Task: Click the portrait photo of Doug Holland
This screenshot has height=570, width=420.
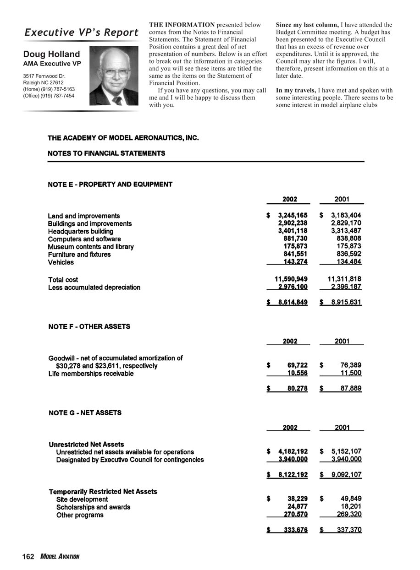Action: pos(114,76)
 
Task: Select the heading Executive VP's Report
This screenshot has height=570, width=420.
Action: pos(81,33)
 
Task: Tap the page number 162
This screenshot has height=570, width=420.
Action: pos(28,556)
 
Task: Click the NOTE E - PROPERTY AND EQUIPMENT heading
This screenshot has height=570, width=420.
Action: pos(110,184)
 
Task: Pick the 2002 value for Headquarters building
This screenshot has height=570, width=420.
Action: pos(293,231)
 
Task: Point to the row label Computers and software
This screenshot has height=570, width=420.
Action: pos(84,239)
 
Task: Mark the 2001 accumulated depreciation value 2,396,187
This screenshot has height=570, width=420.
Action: pos(346,287)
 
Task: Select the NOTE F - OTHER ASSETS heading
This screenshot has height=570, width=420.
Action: pos(89,326)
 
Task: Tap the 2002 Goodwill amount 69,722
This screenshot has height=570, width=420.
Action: pos(297,365)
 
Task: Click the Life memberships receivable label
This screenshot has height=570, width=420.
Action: pos(91,374)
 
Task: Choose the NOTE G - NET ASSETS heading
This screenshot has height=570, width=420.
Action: pos(85,413)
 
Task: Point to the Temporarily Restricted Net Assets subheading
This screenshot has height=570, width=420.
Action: pos(103,491)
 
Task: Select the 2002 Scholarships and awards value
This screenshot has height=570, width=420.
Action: pos(297,507)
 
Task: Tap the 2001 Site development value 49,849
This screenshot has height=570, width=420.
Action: pos(350,499)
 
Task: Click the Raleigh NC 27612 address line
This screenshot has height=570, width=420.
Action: pos(43,83)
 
